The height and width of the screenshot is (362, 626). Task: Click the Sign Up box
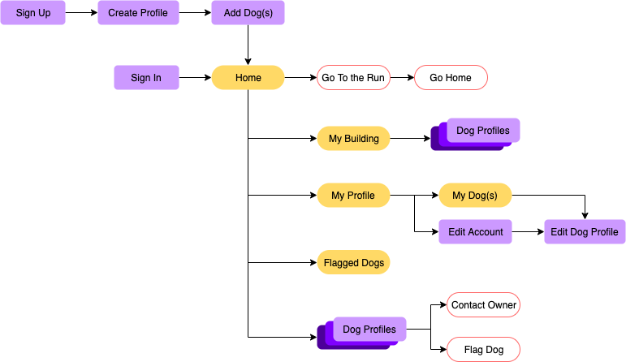[32, 13]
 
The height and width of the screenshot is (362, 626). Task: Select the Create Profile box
[138, 13]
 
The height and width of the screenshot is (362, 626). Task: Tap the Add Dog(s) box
[248, 13]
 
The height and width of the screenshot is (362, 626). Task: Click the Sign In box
[146, 78]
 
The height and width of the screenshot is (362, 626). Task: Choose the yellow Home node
[248, 78]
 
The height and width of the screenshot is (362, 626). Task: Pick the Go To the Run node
[353, 78]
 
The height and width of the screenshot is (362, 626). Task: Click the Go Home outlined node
[451, 78]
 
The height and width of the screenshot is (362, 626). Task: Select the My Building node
[353, 139]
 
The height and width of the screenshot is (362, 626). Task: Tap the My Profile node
[353, 196]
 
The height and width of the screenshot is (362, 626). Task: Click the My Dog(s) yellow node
[475, 196]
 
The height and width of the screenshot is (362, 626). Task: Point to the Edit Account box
[475, 232]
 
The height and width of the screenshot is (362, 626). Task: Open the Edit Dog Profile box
[585, 232]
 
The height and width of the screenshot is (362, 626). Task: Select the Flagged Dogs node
[353, 263]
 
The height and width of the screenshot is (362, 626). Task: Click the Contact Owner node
[483, 305]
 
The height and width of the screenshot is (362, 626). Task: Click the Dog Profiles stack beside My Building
[482, 131]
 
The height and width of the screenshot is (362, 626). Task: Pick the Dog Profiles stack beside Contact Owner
[369, 330]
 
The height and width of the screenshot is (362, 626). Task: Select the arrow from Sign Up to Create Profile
[81, 13]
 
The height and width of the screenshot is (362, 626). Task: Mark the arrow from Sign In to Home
[195, 78]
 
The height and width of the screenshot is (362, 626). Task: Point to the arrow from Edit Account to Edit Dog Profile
[528, 232]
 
